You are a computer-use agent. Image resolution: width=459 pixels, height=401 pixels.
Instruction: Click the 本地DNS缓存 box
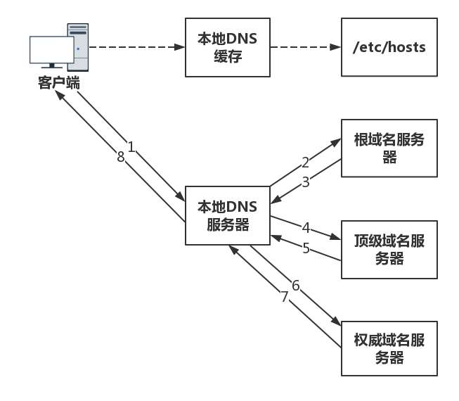click(228, 48)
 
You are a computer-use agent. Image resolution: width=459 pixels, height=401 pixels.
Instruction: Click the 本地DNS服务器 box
click(228, 215)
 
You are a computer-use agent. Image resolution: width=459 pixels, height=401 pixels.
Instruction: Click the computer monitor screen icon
click(51, 51)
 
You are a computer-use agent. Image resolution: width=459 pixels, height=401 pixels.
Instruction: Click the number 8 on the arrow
click(120, 158)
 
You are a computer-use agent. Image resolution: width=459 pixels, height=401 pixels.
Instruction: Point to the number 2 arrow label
click(305, 163)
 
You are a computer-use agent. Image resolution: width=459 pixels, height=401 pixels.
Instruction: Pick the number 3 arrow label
click(305, 182)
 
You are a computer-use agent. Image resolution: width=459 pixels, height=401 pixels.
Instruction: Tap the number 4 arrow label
click(306, 227)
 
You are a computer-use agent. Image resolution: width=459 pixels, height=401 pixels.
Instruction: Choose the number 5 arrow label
click(306, 248)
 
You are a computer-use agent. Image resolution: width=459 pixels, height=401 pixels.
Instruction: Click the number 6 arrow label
click(295, 285)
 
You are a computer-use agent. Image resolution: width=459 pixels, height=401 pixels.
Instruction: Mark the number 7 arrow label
click(285, 297)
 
